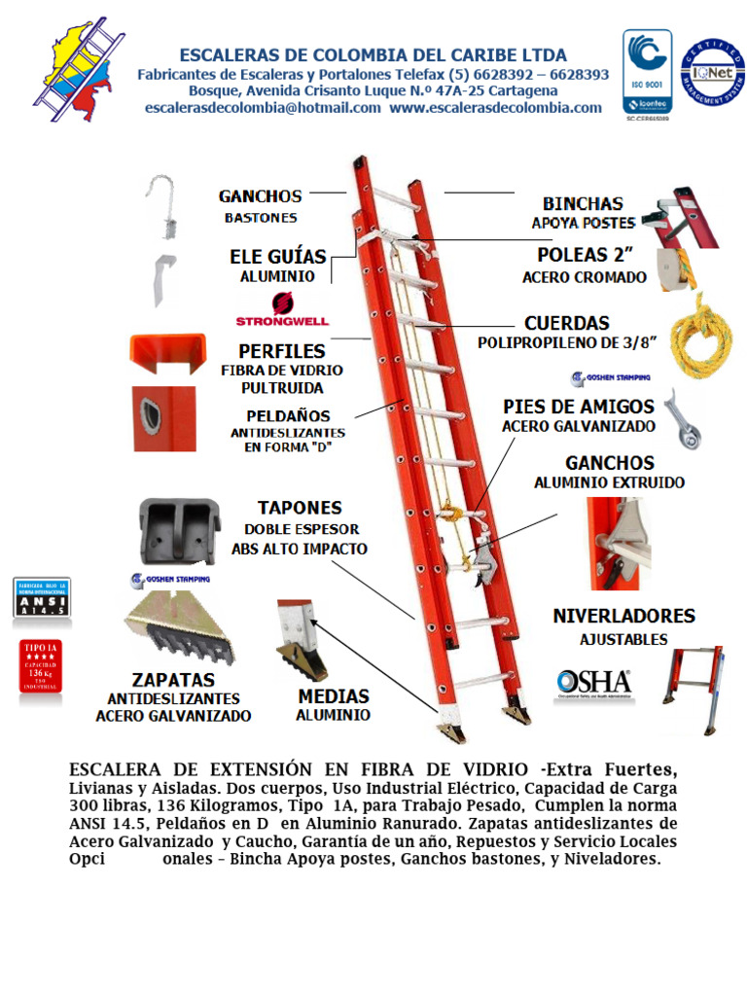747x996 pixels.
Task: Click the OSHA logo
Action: (x=592, y=682)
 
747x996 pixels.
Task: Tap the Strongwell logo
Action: (x=282, y=310)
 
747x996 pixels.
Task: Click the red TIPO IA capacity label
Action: (x=41, y=666)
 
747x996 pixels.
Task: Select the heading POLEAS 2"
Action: (x=585, y=256)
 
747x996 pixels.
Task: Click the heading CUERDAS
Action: (x=567, y=323)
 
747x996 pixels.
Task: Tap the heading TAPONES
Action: (x=300, y=508)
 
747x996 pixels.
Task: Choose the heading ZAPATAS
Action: (x=173, y=679)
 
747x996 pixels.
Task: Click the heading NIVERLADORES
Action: (x=623, y=616)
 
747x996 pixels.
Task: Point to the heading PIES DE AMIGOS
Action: (x=579, y=406)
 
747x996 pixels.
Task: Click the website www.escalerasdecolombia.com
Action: (x=495, y=108)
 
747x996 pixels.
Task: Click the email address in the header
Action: (x=263, y=108)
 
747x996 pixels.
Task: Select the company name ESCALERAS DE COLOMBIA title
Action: (x=373, y=54)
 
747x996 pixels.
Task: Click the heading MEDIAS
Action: (x=334, y=696)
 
